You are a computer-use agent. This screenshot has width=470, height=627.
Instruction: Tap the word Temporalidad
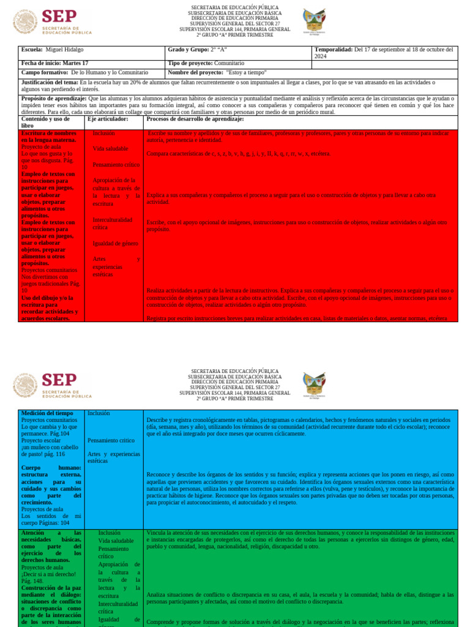(x=333, y=50)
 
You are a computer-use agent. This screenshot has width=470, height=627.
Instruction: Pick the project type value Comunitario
(x=229, y=63)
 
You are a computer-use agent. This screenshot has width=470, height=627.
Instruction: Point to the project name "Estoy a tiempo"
(x=247, y=72)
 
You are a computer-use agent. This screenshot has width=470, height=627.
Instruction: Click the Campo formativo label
(x=44, y=72)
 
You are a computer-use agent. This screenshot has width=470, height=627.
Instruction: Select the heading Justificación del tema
(x=50, y=82)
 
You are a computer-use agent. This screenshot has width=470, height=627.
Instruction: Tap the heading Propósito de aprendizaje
(x=54, y=98)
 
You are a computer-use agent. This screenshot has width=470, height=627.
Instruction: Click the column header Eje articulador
(x=108, y=119)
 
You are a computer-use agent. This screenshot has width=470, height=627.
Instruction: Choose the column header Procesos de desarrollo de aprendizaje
(x=195, y=119)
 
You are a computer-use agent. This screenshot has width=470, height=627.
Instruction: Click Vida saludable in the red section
(x=110, y=149)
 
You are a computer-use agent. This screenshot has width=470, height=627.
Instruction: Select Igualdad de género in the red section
(x=115, y=244)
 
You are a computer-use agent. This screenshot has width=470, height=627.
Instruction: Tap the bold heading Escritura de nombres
(x=48, y=133)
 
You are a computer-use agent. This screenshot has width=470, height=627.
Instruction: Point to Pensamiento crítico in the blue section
(x=111, y=440)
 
